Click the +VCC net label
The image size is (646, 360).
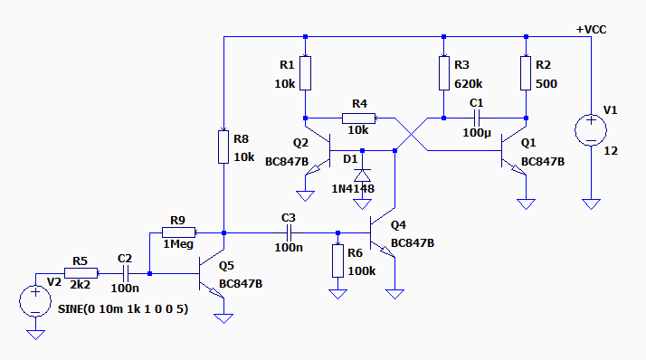[x=591, y=30]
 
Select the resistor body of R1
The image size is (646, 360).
[x=305, y=73]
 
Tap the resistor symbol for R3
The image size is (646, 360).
[x=443, y=73]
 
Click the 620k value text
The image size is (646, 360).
[x=468, y=84]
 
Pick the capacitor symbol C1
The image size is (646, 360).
[x=477, y=118]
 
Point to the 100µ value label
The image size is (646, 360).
[x=477, y=133]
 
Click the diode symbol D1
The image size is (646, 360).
[x=363, y=175]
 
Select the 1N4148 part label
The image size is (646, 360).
[x=353, y=189]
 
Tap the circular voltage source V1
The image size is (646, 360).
[x=591, y=130]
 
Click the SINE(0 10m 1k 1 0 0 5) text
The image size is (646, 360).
[x=123, y=309]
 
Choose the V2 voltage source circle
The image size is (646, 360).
[x=35, y=301]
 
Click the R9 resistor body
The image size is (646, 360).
[x=178, y=232]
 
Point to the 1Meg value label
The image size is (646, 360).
[x=178, y=244]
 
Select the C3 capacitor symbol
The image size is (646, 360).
[x=289, y=232]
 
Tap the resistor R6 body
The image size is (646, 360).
[x=337, y=261]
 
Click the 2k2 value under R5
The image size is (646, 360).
[x=80, y=285]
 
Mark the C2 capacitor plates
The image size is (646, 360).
[x=126, y=273]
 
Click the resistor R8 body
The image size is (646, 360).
[x=223, y=147]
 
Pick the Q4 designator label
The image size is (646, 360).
[x=398, y=225]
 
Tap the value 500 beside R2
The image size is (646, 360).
[x=546, y=84]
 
